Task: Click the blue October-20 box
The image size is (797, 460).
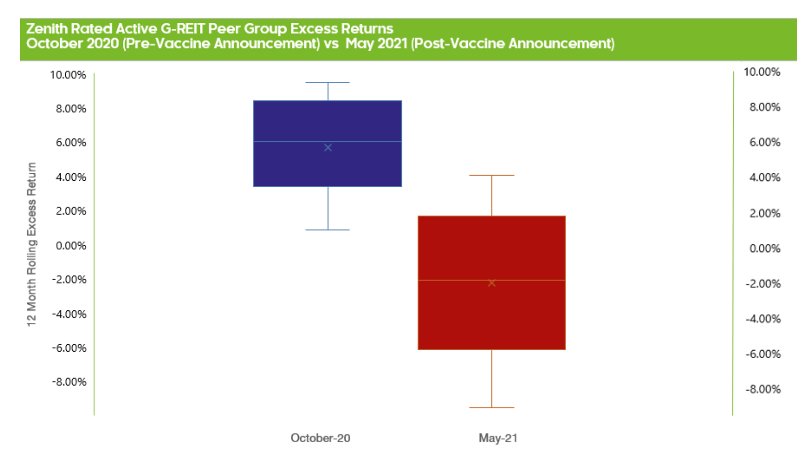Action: click(328, 143)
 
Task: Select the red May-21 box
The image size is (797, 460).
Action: click(492, 283)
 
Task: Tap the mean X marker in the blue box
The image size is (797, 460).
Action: click(328, 148)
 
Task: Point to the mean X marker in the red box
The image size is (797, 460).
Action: click(492, 283)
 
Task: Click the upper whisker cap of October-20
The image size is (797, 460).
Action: click(328, 82)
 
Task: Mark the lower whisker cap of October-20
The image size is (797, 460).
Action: click(328, 230)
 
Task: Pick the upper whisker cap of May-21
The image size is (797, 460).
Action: click(492, 175)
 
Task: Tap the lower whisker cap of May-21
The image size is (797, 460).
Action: click(492, 408)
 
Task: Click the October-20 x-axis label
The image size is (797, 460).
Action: click(321, 438)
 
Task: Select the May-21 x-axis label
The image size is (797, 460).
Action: click(498, 438)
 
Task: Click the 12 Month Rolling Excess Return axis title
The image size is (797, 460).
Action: click(32, 244)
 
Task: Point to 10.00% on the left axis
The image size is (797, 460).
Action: click(68, 75)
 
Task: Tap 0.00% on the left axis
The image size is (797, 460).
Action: click(71, 246)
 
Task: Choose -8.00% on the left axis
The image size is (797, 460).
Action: click(69, 382)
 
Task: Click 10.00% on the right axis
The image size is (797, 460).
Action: click(762, 72)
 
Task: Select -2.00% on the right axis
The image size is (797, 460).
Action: click(763, 284)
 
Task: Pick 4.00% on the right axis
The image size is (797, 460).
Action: click(765, 177)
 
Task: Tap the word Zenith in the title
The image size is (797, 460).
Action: click(47, 29)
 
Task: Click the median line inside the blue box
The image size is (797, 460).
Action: click(328, 141)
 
